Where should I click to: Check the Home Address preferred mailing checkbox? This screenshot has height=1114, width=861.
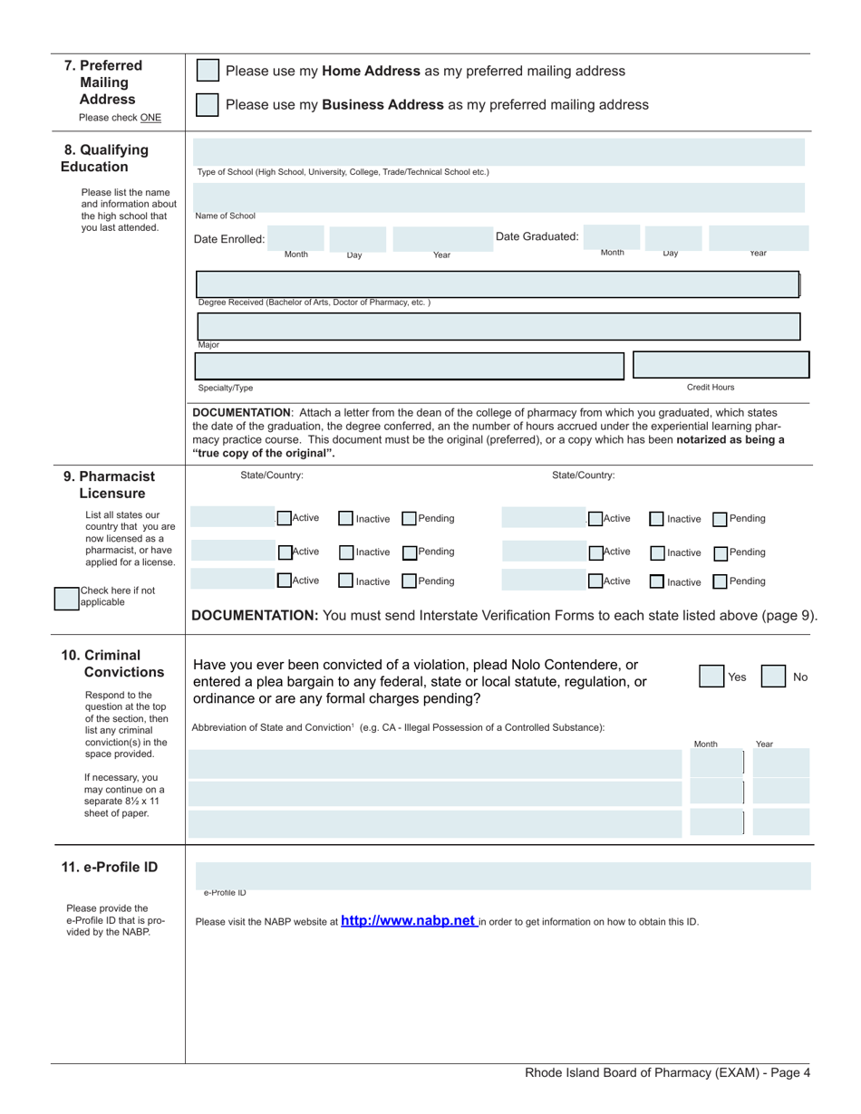208,72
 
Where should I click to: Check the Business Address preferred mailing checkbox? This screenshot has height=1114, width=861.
208,105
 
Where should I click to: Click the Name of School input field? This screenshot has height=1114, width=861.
498,197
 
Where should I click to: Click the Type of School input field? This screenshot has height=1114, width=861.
498,152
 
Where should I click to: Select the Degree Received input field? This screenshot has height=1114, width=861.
497,283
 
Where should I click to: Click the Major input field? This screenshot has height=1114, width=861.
497,326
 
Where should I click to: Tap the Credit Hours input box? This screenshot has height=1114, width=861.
721,365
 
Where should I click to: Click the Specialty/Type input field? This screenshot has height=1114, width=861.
410,365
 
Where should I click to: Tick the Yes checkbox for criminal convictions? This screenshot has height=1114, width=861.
711,677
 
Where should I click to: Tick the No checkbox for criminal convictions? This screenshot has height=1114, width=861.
772,677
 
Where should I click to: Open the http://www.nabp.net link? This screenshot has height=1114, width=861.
409,921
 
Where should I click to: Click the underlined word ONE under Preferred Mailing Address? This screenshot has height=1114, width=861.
150,118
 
